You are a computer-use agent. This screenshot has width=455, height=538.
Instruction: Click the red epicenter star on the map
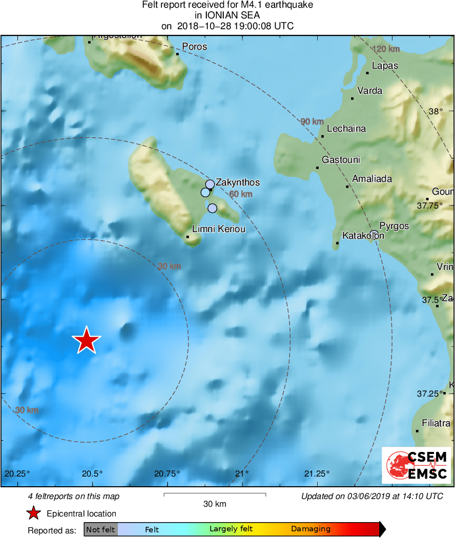click(x=87, y=340)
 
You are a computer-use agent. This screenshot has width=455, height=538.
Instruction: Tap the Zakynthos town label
click(x=238, y=182)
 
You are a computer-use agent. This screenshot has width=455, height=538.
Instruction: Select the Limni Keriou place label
click(x=218, y=229)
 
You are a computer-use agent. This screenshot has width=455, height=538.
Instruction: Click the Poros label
click(x=195, y=47)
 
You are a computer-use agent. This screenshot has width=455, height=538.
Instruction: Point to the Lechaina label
click(x=346, y=129)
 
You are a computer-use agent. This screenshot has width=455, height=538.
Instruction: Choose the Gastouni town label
click(x=341, y=160)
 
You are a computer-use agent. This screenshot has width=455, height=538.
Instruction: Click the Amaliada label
click(x=372, y=179)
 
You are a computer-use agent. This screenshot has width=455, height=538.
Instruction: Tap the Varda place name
click(x=370, y=91)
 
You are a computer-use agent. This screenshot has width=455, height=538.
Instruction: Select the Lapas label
click(x=385, y=66)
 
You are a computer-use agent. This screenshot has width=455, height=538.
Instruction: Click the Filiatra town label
click(x=436, y=423)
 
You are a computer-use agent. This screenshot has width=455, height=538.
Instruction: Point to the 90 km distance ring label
click(x=312, y=121)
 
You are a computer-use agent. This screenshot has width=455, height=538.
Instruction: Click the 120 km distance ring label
click(x=386, y=49)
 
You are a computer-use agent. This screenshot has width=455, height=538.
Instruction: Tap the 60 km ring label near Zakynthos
click(x=241, y=194)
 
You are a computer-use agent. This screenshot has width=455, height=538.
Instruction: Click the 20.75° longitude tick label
click(x=167, y=472)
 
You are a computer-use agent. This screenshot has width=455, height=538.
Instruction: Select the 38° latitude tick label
click(x=436, y=111)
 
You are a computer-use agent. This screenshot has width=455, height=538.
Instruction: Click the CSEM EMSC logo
click(x=417, y=465)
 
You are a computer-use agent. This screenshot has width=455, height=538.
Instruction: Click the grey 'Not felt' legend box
click(x=100, y=529)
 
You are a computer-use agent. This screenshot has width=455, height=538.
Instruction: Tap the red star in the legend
click(x=33, y=513)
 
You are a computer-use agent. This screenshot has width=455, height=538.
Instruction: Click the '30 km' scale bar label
click(x=215, y=504)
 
